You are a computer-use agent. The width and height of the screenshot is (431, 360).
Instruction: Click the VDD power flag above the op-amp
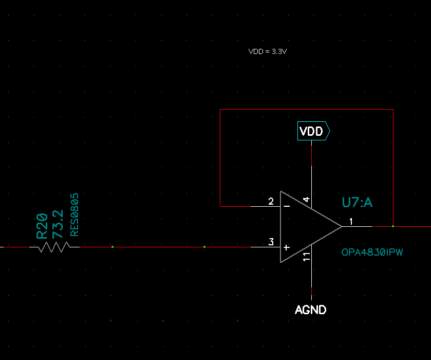313,132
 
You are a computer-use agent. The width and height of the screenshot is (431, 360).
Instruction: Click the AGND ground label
311,310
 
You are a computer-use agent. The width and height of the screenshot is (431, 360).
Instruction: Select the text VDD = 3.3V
271,51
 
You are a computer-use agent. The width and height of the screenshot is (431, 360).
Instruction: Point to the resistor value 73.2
58,223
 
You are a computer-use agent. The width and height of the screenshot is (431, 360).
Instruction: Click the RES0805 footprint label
74,215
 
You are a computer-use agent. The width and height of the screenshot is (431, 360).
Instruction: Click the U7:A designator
357,203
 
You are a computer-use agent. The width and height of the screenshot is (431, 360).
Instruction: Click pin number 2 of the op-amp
271,201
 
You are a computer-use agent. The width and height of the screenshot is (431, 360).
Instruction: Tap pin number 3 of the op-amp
271,242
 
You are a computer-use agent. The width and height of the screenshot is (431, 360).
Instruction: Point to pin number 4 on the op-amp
306,200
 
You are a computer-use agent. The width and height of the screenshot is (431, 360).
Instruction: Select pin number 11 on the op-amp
306,257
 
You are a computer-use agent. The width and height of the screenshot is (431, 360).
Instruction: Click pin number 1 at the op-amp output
351,222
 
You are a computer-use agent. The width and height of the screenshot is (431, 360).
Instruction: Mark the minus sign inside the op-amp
287,206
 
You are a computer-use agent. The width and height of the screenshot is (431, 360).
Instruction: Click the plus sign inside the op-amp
287,247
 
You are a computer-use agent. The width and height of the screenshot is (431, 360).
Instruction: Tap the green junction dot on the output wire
393,226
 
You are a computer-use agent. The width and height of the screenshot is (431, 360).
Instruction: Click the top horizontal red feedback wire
306,110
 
